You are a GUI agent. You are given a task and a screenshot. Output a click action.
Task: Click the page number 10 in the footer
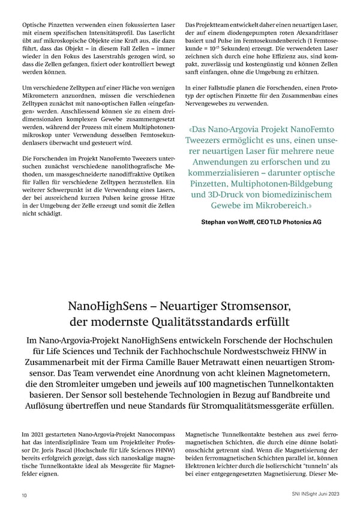pyautogui.click(x=23, y=495)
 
